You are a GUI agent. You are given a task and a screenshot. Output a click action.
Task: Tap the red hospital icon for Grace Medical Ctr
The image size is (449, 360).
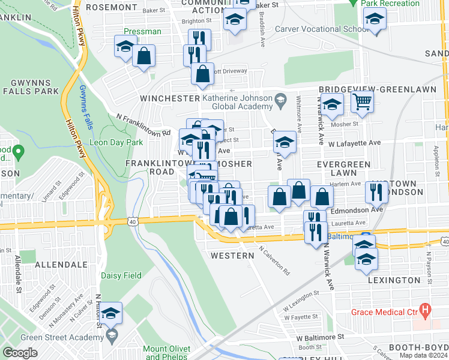(426, 311)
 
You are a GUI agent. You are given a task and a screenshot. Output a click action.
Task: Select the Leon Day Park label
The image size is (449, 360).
(116, 142)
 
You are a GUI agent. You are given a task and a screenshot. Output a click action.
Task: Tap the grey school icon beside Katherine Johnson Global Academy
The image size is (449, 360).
(280, 99)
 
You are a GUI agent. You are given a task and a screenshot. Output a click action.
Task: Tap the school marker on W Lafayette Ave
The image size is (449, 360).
(285, 143)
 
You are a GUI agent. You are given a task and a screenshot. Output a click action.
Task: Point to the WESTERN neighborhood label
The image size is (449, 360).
(232, 256)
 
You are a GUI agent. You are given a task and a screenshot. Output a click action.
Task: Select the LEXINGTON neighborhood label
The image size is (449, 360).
(394, 280)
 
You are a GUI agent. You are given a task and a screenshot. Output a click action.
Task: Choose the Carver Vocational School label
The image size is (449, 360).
(321, 29)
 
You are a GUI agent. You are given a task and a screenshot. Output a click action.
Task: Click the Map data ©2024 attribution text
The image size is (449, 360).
(423, 355)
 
